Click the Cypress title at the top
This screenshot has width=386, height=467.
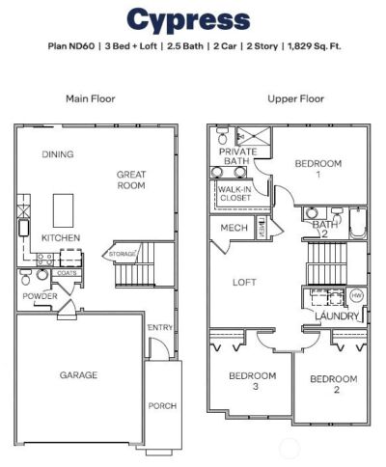pos(188,19)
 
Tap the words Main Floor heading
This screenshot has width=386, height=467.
pos(91,98)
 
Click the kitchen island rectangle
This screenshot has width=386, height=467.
pos(64,206)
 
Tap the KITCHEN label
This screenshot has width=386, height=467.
pos(60,237)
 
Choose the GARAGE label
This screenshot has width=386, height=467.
pos(79,376)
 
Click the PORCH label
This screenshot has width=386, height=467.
pos(162,406)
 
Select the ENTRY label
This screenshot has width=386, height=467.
pos(160,328)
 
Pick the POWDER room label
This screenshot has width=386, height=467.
pos(41,296)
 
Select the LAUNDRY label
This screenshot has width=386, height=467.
pos(337,316)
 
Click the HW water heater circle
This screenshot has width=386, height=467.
pos(356,295)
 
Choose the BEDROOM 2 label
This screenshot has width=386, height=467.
pos(333,385)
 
